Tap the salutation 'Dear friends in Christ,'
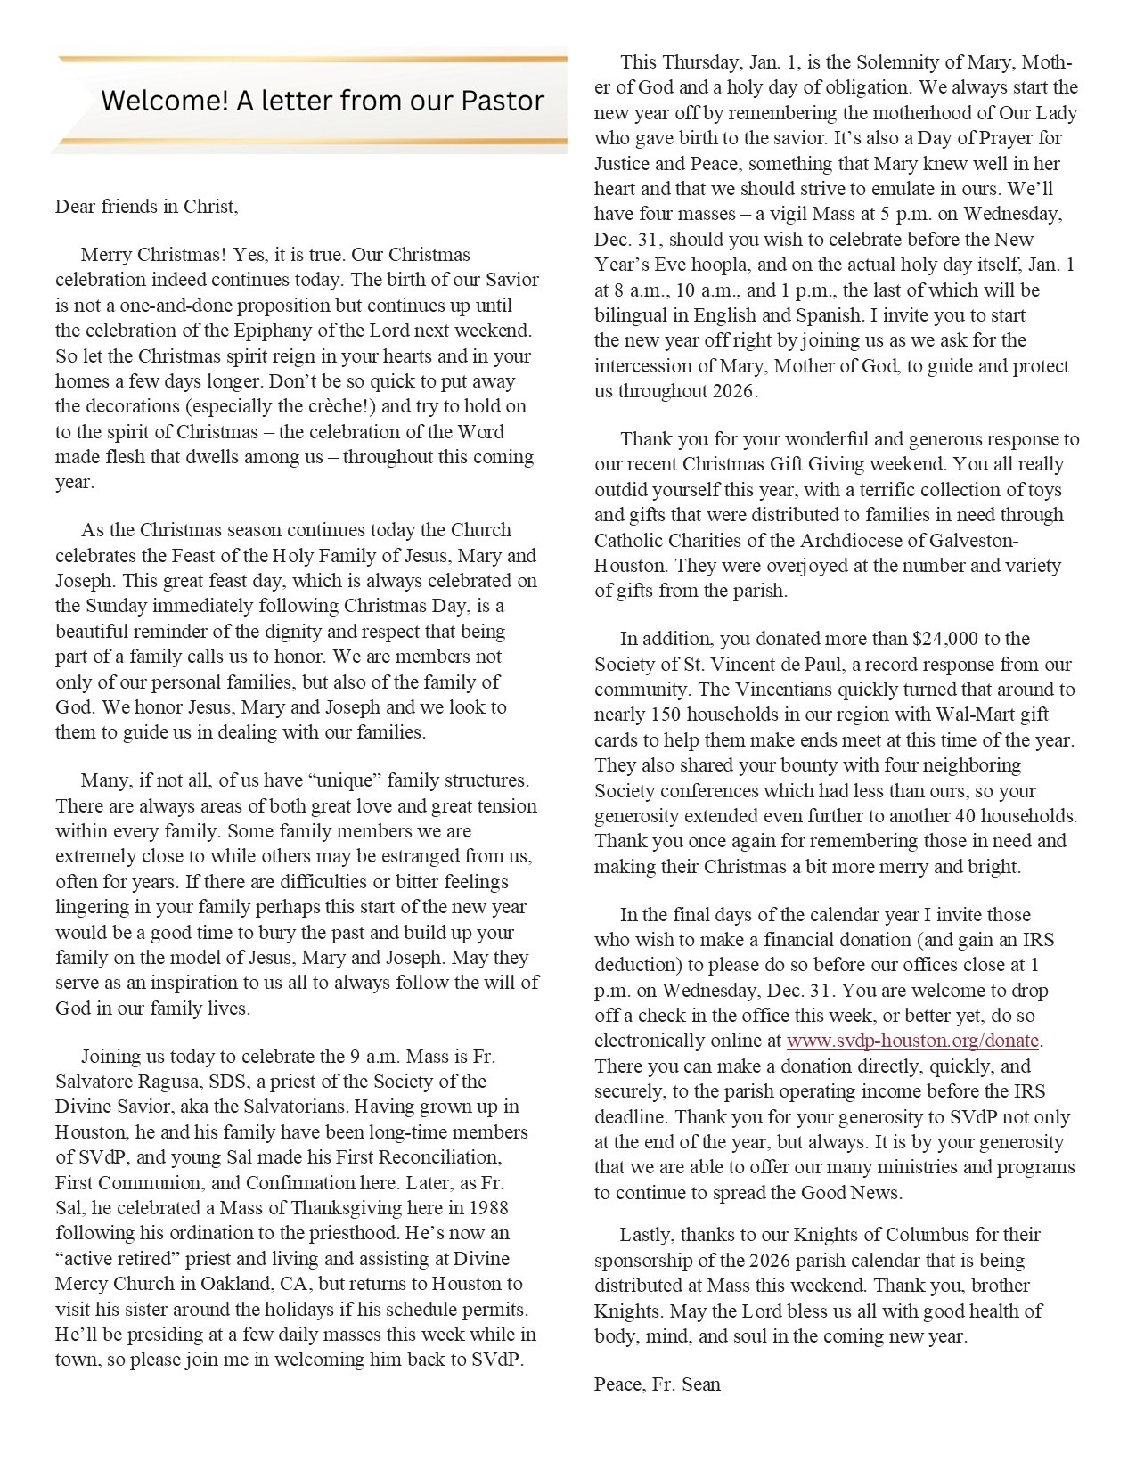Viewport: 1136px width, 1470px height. [x=147, y=207]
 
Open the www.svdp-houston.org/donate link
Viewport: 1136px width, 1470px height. [x=913, y=1040]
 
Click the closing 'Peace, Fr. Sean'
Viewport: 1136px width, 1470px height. [x=658, y=1384]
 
